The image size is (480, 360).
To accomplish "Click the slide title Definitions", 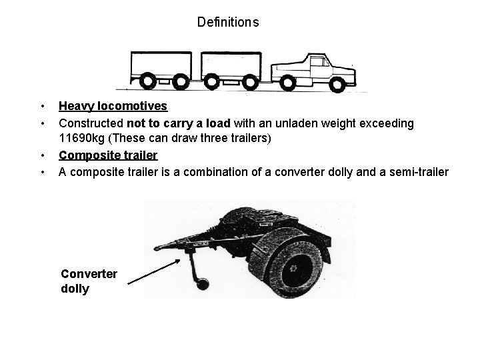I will (x=228, y=22).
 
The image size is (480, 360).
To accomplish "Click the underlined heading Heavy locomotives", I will (x=113, y=106).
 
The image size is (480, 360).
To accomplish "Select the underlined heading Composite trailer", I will (x=108, y=155).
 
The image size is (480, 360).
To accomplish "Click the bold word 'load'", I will (x=219, y=123).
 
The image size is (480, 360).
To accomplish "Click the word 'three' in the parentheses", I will (x=203, y=139).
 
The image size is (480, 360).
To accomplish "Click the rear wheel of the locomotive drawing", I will (x=289, y=83).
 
